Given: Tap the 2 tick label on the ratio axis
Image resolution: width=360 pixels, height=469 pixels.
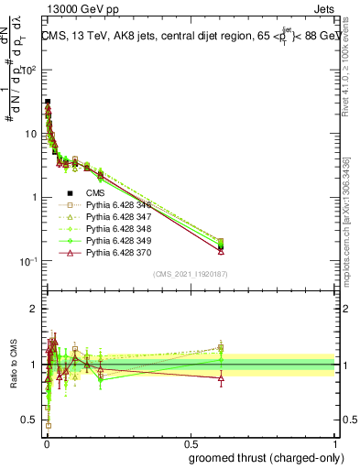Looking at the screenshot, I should point(36,309).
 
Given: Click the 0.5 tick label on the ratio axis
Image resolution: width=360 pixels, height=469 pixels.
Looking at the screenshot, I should point(31,420).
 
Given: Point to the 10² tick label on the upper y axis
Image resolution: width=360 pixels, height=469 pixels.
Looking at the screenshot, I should point(30,70).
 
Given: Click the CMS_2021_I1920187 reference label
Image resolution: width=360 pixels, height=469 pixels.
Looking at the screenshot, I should point(190,274).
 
